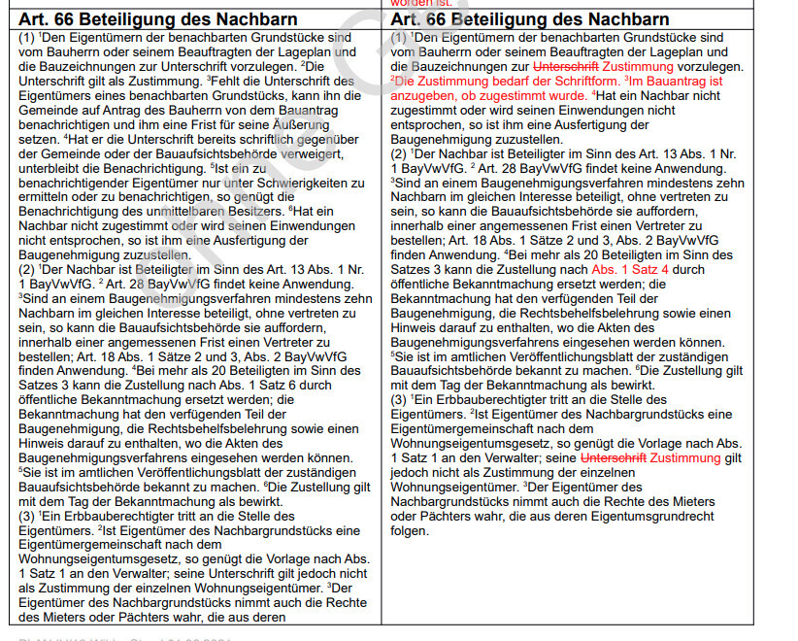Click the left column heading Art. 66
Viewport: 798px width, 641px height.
(50, 18)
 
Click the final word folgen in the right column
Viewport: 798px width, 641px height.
(409, 531)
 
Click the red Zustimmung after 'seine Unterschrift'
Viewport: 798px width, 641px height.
(686, 456)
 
